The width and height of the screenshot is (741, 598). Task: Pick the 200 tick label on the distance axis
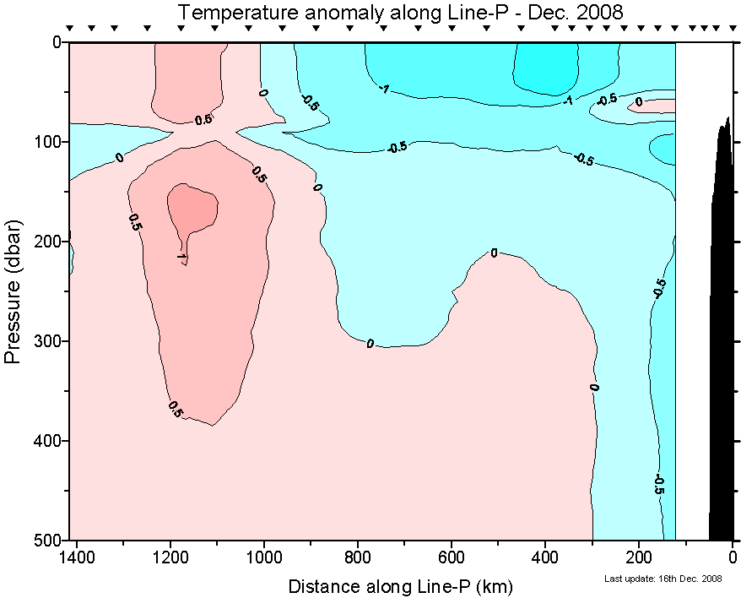[639, 557]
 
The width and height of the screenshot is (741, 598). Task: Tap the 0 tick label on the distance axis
[733, 557]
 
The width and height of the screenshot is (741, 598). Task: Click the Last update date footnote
[663, 579]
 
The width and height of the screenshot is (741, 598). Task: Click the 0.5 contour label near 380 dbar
[176, 411]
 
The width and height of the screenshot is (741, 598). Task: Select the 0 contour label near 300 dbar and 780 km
[370, 344]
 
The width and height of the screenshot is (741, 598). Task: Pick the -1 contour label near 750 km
[383, 89]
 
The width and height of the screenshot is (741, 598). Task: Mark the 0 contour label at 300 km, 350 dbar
[593, 387]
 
